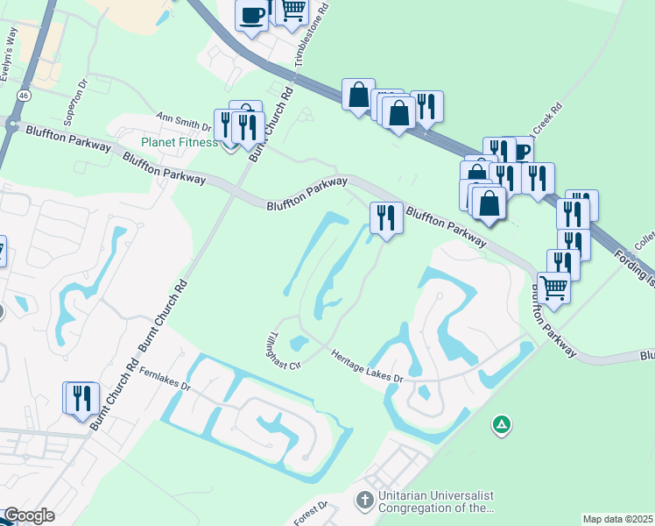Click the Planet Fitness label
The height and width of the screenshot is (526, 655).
point(180,143)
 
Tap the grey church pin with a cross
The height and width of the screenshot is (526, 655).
point(364,501)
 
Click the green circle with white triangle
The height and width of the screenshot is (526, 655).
point(501,425)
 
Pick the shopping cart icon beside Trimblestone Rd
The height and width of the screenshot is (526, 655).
point(293,10)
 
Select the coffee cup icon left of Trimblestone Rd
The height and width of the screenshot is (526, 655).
point(252,14)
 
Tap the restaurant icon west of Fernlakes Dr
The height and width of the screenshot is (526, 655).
point(81,396)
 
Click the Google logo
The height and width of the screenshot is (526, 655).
point(29,516)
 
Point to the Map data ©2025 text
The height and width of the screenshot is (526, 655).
point(617,519)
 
